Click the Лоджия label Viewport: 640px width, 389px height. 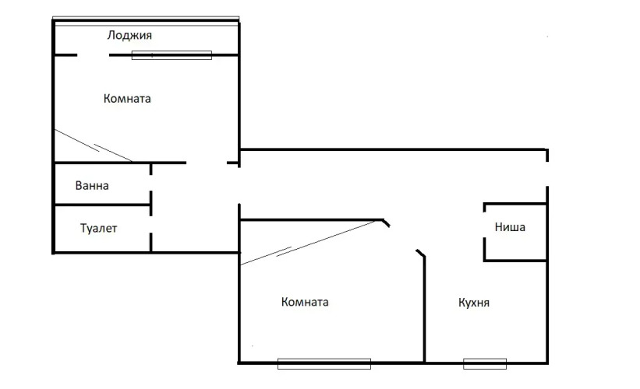point(129,36)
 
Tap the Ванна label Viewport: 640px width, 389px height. point(92,186)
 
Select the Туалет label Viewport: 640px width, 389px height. point(98,229)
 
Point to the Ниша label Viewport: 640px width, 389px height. point(510,228)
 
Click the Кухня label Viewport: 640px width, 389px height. point(474,303)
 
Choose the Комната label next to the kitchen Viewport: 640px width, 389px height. point(305,302)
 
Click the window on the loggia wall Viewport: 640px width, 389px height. point(171,55)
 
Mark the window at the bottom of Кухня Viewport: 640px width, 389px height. point(485,363)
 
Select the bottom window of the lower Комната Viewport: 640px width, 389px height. point(324,363)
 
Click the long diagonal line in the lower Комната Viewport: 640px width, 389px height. point(312,242)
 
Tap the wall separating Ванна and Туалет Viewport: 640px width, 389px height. point(101,205)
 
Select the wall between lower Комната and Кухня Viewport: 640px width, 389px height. point(425,311)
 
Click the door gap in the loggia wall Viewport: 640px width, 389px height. point(93,55)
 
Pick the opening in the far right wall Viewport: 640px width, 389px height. point(546,174)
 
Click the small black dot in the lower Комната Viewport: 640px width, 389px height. point(252,346)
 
